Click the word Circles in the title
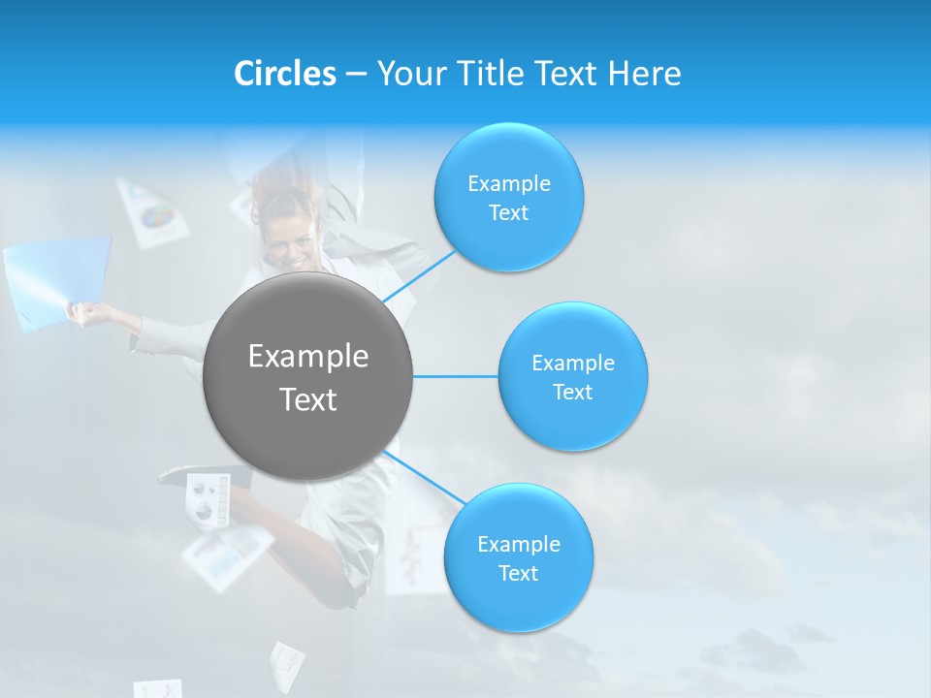284,74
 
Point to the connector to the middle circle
455,376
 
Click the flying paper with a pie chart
151,211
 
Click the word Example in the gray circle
307,357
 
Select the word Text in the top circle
508,213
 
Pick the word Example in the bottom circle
518,544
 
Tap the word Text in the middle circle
572,393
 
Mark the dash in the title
355,74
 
